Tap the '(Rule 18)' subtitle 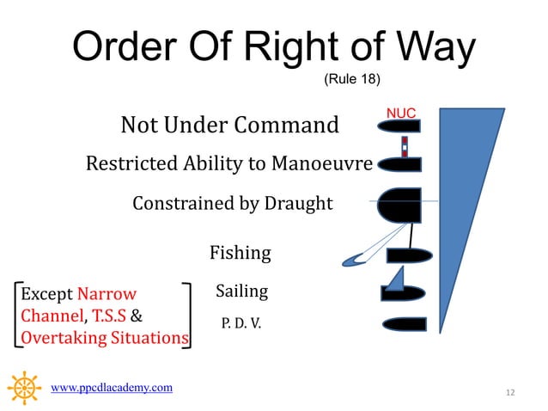coord(350,80)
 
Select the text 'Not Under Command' coord(230,126)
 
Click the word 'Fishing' coord(241,253)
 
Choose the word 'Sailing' coord(241,291)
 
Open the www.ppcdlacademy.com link coord(113,388)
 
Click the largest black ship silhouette coord(401,205)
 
